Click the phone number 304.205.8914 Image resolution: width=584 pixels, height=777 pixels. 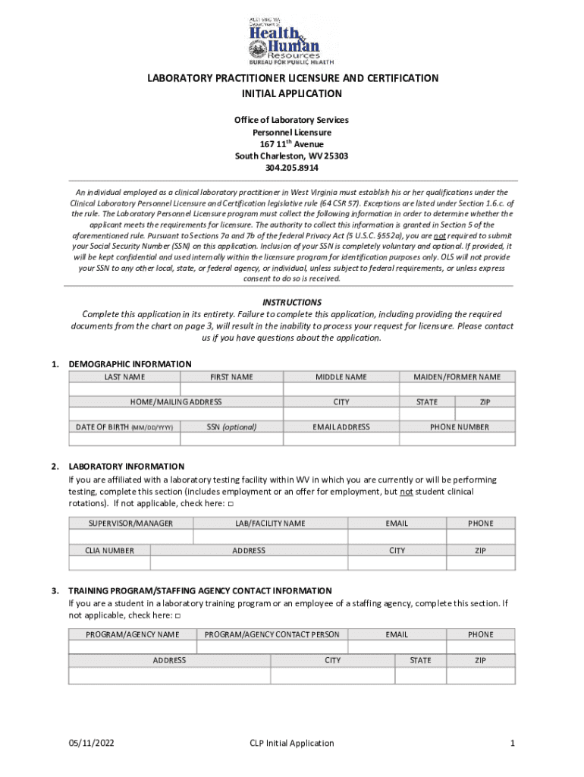coord(292,168)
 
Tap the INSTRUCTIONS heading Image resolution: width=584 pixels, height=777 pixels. coord(291,302)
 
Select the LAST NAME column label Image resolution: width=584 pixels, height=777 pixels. coord(125,377)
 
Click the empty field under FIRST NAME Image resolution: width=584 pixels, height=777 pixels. coord(231,389)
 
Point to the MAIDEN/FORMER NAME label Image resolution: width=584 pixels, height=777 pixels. coord(457,377)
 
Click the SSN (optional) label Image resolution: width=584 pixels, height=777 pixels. coord(231,427)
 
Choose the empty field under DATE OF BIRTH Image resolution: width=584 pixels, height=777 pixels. coord(125,439)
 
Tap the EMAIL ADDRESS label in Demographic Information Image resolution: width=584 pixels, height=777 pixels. coord(341,427)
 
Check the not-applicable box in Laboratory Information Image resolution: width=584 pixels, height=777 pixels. coord(231,504)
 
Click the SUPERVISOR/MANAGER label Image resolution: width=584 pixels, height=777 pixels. coord(130,524)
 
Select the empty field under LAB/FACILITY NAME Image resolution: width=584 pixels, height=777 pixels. coord(270,536)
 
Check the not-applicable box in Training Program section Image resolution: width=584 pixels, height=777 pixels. coord(177,616)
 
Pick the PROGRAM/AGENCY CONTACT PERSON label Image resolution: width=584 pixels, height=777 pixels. coord(272,634)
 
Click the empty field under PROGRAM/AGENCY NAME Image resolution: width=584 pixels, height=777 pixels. coord(132,647)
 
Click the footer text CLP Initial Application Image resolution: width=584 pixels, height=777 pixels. coord(292,743)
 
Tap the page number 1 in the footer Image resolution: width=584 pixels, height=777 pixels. coord(513,743)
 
